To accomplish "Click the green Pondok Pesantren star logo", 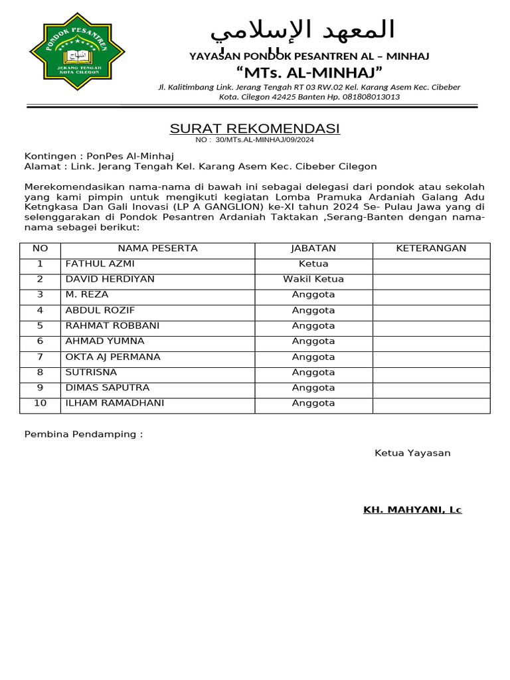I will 77,53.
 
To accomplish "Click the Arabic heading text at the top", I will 302,31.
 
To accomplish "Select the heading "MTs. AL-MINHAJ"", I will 309,72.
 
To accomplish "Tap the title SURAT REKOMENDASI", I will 255,128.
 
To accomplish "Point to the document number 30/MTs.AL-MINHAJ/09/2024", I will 265,140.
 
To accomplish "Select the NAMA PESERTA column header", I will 157,248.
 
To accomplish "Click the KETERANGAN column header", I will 431,248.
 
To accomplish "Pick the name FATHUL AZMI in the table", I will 100,264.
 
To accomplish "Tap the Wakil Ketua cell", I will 313,279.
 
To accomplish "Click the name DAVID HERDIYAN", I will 110,279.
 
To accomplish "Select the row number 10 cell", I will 41,403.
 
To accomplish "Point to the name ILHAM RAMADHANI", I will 114,403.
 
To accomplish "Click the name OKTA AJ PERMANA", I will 113,357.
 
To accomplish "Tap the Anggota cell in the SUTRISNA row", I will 313,372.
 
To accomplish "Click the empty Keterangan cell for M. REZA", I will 431,295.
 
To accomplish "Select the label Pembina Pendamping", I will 84,434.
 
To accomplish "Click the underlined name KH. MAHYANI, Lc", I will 412,510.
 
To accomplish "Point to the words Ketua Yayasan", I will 412,453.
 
